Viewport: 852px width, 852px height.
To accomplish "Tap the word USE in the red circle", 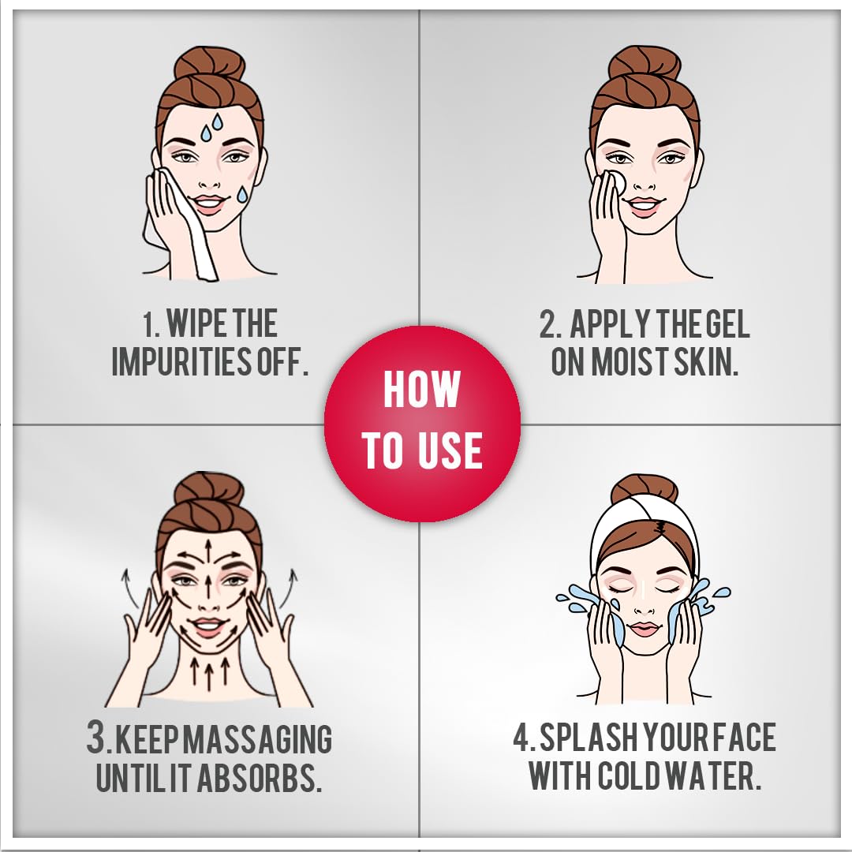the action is pyautogui.click(x=450, y=450).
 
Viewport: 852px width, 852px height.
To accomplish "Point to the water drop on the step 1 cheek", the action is pyautogui.click(x=242, y=194).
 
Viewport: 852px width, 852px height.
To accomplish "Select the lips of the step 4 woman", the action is pyautogui.click(x=644, y=629).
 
